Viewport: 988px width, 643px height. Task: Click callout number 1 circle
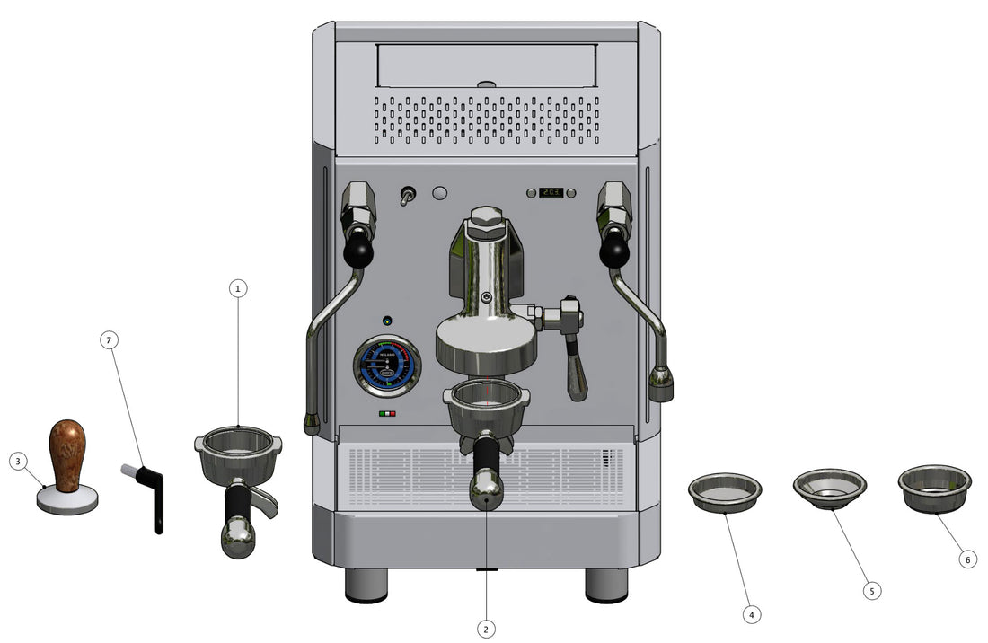(237, 288)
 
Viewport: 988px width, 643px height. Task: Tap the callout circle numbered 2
(486, 629)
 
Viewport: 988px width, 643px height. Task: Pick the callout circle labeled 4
(752, 614)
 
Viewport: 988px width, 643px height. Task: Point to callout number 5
(870, 591)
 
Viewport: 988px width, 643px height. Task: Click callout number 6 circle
(966, 559)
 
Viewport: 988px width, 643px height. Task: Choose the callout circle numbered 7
(110, 340)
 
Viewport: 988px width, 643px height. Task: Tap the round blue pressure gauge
(387, 366)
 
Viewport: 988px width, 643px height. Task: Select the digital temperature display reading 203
(551, 193)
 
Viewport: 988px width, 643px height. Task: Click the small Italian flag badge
(387, 414)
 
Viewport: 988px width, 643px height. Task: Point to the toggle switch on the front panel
(407, 195)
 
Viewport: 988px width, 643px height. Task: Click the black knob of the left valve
(357, 251)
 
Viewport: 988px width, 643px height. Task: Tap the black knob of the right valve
(614, 251)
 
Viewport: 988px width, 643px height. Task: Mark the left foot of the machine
(367, 585)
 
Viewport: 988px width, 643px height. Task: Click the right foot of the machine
(606, 585)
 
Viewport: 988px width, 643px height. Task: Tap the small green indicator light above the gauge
(387, 321)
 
